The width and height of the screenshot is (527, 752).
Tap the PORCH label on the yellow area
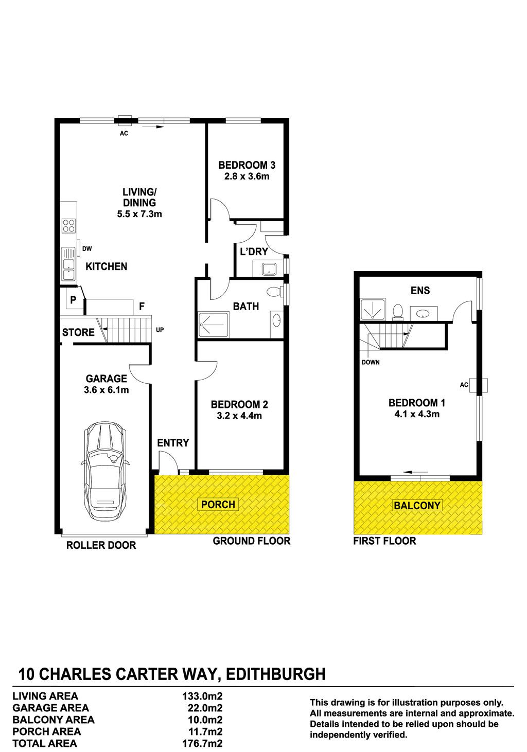218,504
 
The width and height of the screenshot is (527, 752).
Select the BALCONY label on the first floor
417,506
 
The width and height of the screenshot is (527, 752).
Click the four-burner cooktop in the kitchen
68,226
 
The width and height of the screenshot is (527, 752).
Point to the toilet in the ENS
398,311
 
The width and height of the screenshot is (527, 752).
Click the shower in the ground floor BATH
214,325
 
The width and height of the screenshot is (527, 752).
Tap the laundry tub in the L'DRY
269,268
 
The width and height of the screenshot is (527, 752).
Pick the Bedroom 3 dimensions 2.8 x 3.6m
247,176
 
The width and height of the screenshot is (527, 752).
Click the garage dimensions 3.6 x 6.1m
106,390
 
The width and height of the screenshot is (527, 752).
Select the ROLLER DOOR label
101,545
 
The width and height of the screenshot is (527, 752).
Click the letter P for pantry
73,299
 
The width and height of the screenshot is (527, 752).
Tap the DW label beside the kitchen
87,249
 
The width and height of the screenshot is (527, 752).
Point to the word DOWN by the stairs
371,362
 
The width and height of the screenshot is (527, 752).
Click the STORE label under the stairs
78,332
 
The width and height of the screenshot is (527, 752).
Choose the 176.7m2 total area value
202,743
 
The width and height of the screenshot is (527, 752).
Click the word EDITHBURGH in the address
276,674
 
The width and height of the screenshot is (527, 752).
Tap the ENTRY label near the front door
173,443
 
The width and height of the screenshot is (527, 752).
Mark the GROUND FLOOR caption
252,541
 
